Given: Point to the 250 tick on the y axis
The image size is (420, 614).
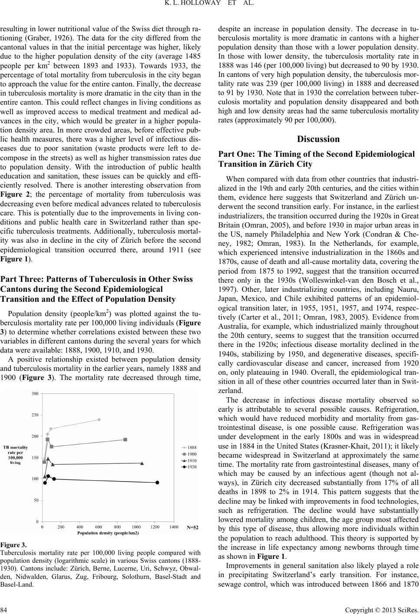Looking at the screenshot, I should pyautogui.click(x=35, y=415).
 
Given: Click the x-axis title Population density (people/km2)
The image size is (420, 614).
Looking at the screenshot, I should pyautogui.click(x=108, y=533).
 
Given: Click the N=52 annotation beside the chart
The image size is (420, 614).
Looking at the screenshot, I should pyautogui.click(x=192, y=528).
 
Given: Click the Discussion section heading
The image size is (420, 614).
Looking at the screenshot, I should pyautogui.click(x=318, y=139).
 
